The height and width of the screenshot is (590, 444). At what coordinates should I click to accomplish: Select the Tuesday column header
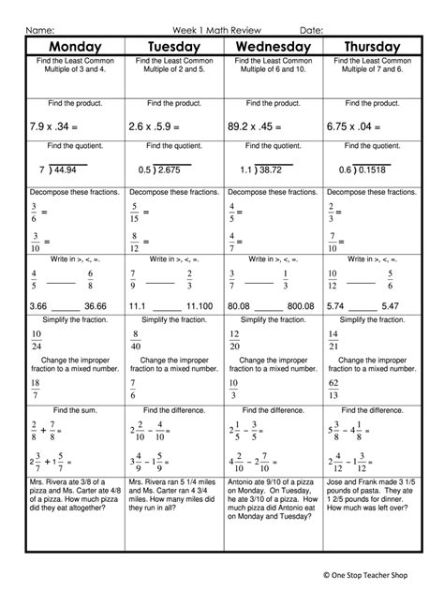pyautogui.click(x=173, y=47)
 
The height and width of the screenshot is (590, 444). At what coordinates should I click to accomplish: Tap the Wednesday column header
pyautogui.click(x=272, y=47)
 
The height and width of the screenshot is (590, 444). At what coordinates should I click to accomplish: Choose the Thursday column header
pyautogui.click(x=372, y=47)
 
